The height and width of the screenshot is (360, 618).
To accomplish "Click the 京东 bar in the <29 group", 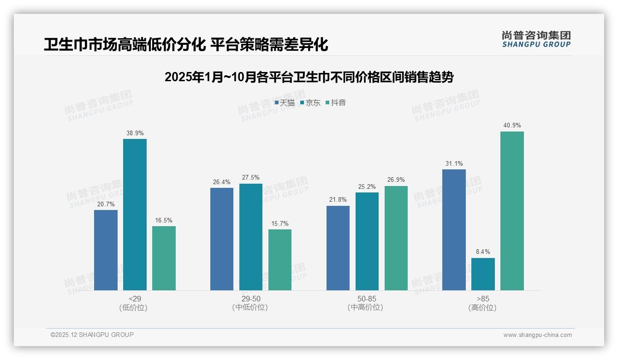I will click(135, 215).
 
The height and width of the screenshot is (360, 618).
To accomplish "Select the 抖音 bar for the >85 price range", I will click(512, 211).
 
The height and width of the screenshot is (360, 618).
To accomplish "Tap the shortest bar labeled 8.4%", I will click(483, 274).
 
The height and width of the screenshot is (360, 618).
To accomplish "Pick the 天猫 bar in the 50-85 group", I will click(338, 248).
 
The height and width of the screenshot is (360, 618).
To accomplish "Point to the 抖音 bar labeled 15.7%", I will click(280, 260).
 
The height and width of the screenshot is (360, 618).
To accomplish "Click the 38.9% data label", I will click(135, 133).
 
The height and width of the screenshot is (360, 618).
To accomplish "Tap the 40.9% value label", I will click(512, 126).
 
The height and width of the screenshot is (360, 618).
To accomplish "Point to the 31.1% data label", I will click(454, 164).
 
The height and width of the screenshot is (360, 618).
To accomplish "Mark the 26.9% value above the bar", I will click(396, 180).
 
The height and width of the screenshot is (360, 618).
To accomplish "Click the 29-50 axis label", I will click(250, 299).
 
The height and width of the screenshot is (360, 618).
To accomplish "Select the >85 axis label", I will click(483, 299).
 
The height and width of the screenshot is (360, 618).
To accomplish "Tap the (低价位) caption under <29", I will click(133, 307).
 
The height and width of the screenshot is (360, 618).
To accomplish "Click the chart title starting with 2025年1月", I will click(309, 77).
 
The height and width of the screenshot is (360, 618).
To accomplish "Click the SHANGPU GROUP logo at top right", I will click(536, 39).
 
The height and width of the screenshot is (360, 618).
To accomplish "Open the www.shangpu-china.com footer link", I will click(537, 335).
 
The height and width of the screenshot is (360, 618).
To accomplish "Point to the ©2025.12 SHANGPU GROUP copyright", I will click(92, 335).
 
